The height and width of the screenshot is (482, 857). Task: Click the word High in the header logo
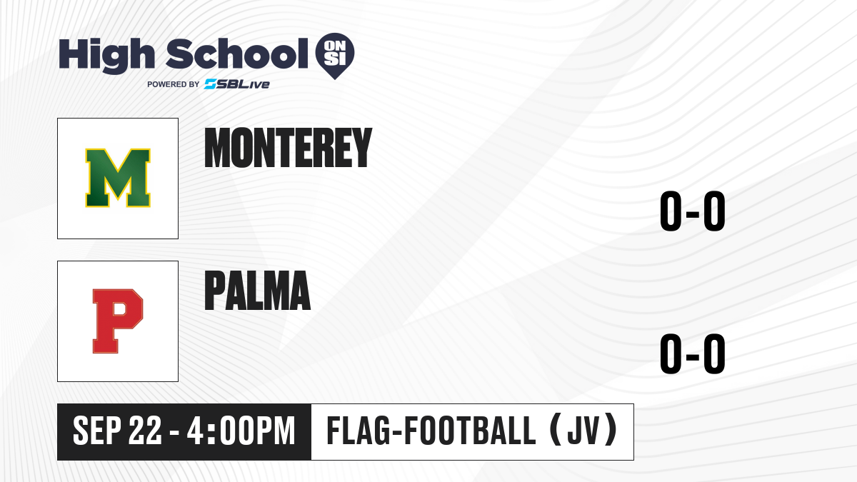pyautogui.click(x=106, y=55)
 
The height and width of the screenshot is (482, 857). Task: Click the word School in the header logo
pyautogui.click(x=237, y=54)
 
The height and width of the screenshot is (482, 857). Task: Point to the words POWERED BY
pyautogui.click(x=174, y=84)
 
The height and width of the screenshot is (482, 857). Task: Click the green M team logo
pyautogui.click(x=118, y=178)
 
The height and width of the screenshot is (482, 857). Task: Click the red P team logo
pyautogui.click(x=118, y=321)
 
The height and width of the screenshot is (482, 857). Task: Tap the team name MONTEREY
pyautogui.click(x=288, y=148)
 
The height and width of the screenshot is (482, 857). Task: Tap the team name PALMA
pyautogui.click(x=258, y=291)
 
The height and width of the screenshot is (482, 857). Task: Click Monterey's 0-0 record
pyautogui.click(x=693, y=211)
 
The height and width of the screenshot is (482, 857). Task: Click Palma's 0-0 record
pyautogui.click(x=693, y=353)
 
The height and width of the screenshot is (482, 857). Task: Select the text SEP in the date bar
pyautogui.click(x=97, y=431)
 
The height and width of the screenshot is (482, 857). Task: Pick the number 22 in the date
pyautogui.click(x=145, y=431)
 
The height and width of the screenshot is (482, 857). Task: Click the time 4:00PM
pyautogui.click(x=241, y=431)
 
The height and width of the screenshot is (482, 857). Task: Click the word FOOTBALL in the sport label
pyautogui.click(x=470, y=431)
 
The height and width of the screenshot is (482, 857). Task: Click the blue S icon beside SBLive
pyautogui.click(x=210, y=84)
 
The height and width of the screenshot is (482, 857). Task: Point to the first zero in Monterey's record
pyautogui.click(x=671, y=211)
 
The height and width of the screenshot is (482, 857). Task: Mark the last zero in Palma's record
pyautogui.click(x=714, y=353)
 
